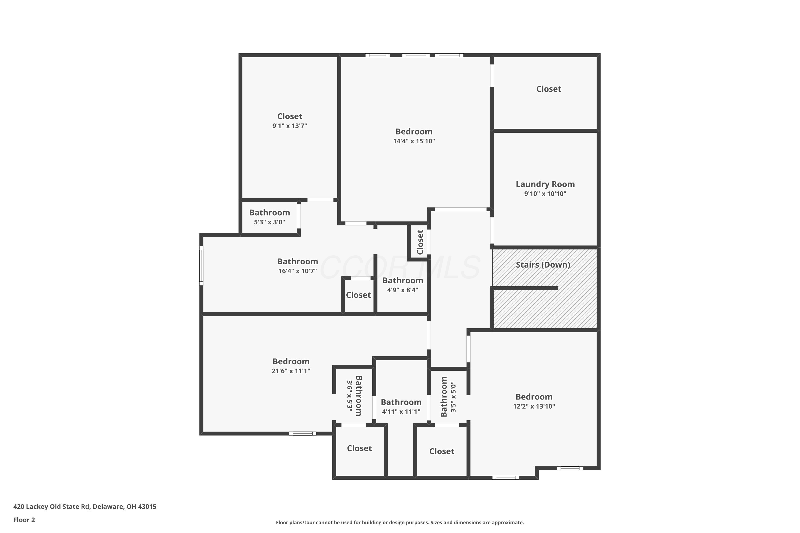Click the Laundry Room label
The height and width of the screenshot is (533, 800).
tap(545, 184)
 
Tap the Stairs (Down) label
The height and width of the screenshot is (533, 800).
tap(543, 265)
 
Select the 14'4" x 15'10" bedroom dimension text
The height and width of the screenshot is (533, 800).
tap(414, 141)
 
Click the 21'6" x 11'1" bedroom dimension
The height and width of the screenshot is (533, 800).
tap(291, 371)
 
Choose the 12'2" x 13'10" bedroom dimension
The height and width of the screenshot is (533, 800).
tap(534, 406)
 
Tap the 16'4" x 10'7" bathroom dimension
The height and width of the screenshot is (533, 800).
tap(298, 271)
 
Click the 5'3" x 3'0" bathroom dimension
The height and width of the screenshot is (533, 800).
tap(269, 222)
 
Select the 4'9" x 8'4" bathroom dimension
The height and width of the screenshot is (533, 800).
tap(403, 290)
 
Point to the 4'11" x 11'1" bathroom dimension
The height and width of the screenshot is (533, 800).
tap(401, 412)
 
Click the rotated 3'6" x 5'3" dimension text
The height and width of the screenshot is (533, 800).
tap(350, 396)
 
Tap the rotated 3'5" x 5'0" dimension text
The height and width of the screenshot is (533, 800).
tap(453, 397)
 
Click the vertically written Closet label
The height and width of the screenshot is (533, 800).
tap(420, 242)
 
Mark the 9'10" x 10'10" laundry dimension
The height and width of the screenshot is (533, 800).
tap(545, 194)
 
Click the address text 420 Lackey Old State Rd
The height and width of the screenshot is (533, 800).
tap(51, 507)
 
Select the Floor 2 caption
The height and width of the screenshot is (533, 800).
tap(24, 520)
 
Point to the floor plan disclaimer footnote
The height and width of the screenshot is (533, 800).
tap(400, 522)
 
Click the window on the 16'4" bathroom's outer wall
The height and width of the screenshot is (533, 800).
tap(201, 266)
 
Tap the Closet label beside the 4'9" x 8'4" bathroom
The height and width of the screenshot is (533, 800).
tap(358, 295)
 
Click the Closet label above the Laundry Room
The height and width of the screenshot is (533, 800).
tap(549, 89)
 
